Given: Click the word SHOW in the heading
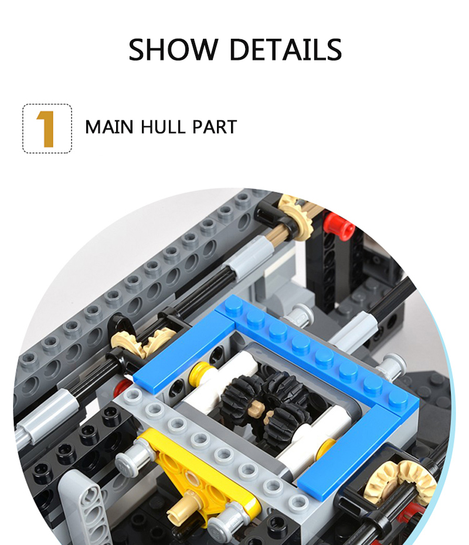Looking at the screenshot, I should [174, 50].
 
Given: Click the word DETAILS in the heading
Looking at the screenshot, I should [286, 50].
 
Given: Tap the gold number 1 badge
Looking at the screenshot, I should [47, 128].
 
